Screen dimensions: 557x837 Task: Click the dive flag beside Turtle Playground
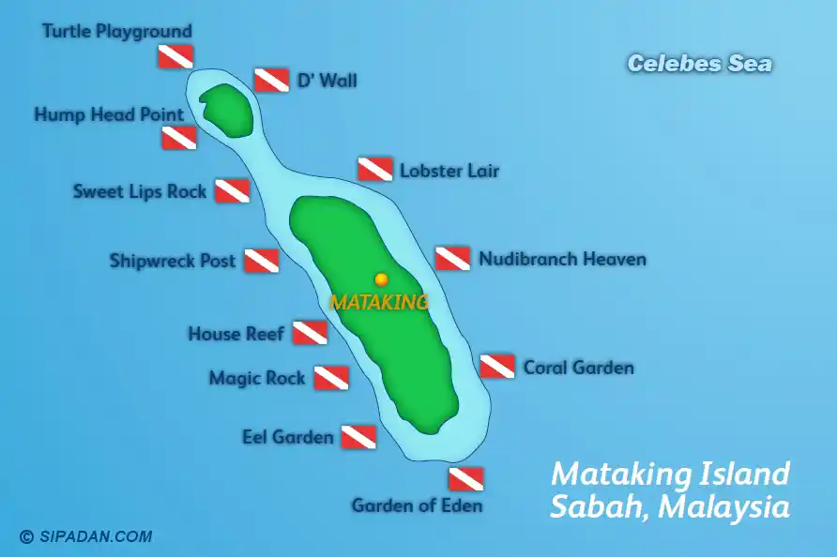[175, 56]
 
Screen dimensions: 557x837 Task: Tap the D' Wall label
[327, 81]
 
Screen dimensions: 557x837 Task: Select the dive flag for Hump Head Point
[178, 139]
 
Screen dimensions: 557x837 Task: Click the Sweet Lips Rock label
[140, 191]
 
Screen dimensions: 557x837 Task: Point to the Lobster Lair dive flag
[374, 170]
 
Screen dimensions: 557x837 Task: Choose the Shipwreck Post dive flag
[261, 261]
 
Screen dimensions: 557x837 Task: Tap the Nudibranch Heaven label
[562, 259]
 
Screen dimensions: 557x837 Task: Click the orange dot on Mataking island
[381, 279]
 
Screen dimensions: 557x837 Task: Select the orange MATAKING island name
[379, 302]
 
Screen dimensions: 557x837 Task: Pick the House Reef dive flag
[309, 333]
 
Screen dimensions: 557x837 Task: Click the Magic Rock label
[257, 378]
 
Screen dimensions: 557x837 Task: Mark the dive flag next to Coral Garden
[497, 367]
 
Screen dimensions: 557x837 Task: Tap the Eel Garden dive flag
[358, 437]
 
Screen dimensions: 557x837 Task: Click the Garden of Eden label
[417, 505]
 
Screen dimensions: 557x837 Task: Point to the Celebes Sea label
[699, 64]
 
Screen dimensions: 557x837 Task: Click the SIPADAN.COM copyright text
[86, 537]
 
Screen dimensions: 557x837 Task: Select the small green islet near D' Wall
[225, 110]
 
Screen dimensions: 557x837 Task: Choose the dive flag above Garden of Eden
[465, 479]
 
